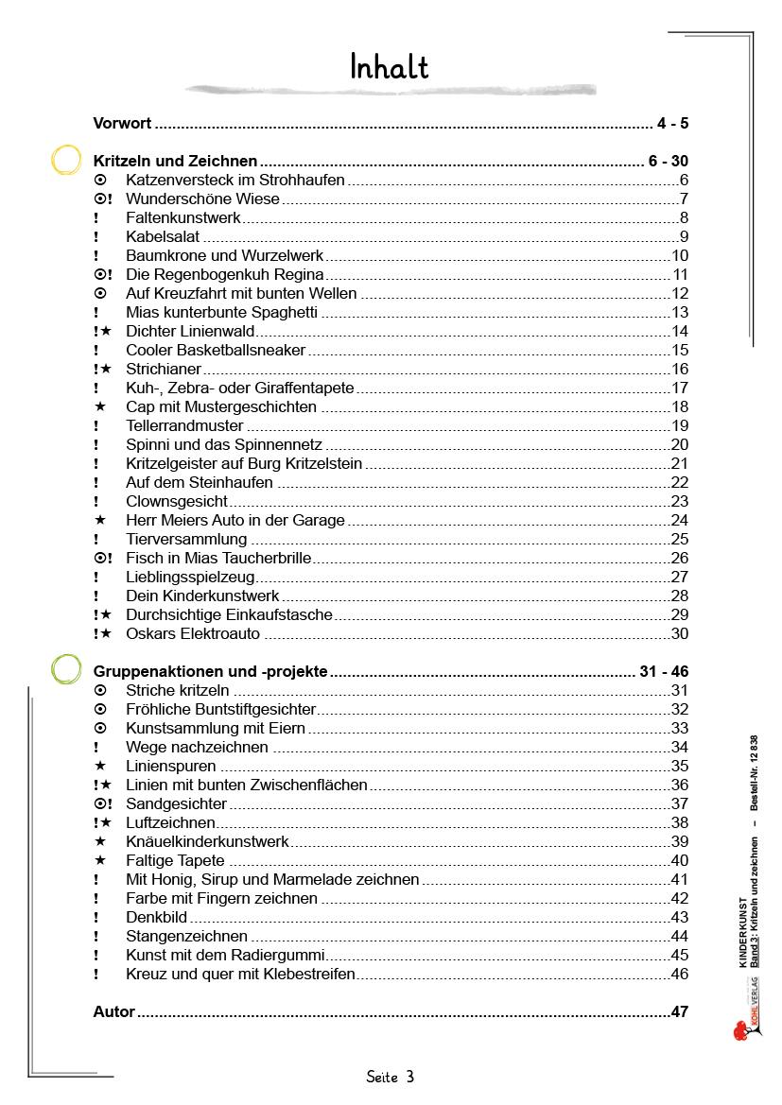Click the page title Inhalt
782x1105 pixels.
(389, 67)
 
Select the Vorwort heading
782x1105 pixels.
(123, 124)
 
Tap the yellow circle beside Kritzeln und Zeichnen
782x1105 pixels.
(66, 161)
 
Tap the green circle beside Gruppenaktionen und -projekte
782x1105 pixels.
(66, 670)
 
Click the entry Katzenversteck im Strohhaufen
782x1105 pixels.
(235, 181)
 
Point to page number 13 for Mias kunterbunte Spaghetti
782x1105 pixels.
(679, 313)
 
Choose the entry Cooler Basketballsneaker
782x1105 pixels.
(216, 351)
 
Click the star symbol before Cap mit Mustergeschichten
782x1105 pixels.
(99, 407)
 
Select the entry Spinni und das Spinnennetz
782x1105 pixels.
(224, 445)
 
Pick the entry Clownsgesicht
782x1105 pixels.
(177, 502)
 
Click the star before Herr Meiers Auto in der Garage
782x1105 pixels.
(99, 521)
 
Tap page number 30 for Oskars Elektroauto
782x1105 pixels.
(679, 634)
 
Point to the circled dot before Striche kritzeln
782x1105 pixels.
(99, 691)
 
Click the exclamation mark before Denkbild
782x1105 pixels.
(96, 918)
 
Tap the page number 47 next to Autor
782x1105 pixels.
(679, 1012)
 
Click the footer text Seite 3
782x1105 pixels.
(391, 1077)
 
